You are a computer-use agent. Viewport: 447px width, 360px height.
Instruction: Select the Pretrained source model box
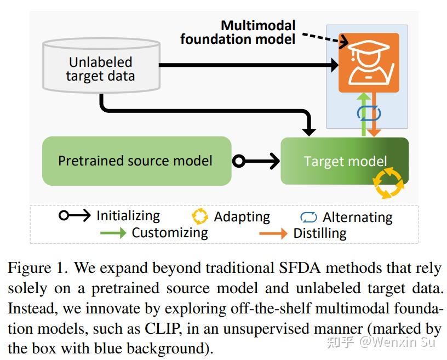[x=136, y=161]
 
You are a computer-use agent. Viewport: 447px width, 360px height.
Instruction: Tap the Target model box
[x=345, y=161]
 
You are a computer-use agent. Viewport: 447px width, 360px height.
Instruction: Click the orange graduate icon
[x=368, y=62]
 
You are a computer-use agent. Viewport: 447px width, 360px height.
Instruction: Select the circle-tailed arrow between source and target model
[x=256, y=161]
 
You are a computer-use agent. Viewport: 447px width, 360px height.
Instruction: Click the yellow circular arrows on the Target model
[x=389, y=182]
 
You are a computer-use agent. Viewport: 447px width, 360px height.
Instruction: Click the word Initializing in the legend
[x=128, y=216]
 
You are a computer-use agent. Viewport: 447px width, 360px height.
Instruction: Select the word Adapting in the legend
[x=242, y=217]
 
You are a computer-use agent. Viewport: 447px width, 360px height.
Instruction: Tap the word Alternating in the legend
[x=357, y=218]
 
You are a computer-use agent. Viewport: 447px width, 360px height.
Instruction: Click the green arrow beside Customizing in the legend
[x=113, y=233]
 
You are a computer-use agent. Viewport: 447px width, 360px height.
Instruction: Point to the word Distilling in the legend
[x=319, y=233]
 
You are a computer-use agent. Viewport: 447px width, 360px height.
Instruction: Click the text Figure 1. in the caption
[x=37, y=268]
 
